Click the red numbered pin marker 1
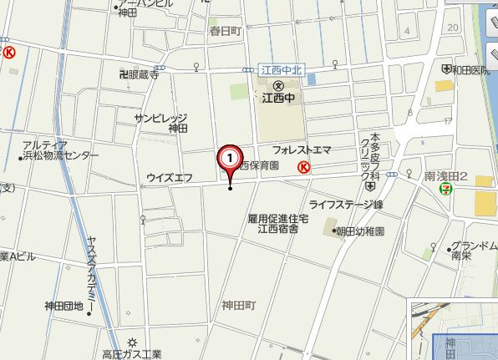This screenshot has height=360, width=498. [x=230, y=157]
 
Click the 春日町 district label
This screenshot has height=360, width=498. [x=225, y=30]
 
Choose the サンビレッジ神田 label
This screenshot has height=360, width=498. [x=164, y=124]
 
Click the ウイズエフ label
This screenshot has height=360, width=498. [x=170, y=177]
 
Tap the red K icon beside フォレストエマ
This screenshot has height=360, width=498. [x=304, y=166]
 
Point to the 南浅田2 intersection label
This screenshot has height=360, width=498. [x=445, y=176]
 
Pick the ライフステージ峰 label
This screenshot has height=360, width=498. [x=345, y=205]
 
